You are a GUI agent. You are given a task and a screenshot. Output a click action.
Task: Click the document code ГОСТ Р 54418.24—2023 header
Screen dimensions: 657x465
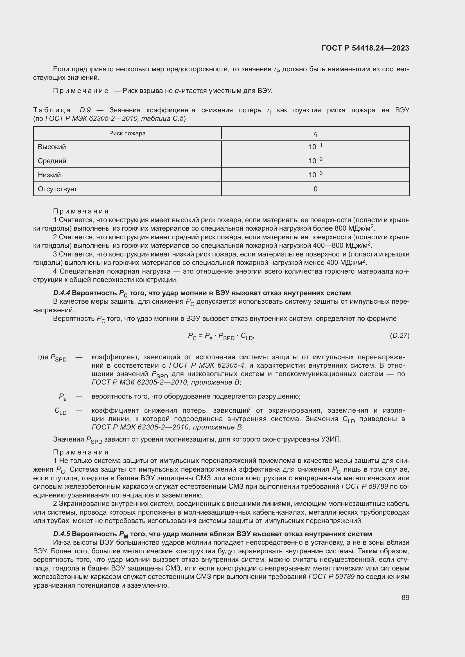(x=365, y=48)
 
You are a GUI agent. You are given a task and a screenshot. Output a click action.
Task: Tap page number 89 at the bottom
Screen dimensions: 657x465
(x=405, y=597)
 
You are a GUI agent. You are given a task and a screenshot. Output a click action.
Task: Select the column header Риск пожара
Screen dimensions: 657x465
(x=127, y=133)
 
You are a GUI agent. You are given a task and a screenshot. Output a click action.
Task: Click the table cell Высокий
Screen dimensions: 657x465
(x=52, y=147)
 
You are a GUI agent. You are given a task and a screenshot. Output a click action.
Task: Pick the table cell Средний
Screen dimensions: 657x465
(x=52, y=161)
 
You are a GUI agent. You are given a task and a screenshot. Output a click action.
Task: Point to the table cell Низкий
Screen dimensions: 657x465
(x=49, y=175)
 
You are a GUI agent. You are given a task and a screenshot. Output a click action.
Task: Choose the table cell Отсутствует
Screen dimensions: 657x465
(x=57, y=189)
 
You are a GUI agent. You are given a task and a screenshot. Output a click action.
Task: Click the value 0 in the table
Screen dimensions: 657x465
(x=315, y=189)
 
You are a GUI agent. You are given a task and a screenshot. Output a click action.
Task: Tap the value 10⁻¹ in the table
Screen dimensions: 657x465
(x=315, y=147)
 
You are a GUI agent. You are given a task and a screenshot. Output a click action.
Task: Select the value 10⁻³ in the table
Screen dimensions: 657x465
(x=315, y=174)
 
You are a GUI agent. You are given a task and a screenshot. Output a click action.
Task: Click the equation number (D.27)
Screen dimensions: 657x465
(x=399, y=336)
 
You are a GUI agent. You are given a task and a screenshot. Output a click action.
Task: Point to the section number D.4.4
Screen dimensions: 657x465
(x=61, y=293)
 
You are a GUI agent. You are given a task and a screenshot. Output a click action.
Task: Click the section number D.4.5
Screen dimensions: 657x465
(x=61, y=534)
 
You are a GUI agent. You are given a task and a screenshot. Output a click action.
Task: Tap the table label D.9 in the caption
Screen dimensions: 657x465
(x=85, y=110)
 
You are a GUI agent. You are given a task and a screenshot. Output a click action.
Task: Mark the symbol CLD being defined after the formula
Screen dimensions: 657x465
(x=60, y=411)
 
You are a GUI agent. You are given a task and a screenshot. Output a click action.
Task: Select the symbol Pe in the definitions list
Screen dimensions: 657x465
(x=62, y=397)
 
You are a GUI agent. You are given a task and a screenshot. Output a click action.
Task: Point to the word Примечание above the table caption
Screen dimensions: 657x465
(x=80, y=91)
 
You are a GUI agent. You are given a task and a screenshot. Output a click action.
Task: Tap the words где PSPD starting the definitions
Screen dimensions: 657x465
(x=52, y=358)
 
